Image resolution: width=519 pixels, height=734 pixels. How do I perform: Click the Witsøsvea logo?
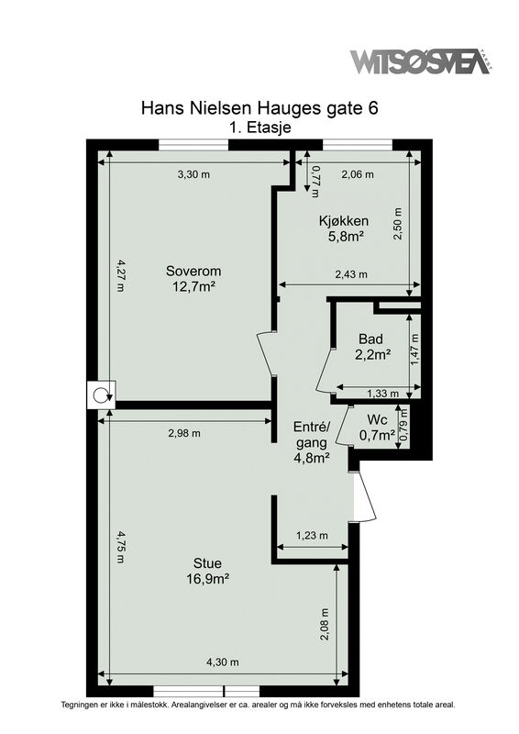[420, 61]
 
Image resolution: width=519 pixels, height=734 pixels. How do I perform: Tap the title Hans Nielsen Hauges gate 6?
[259, 108]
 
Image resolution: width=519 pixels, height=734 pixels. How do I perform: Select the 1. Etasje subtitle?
[259, 128]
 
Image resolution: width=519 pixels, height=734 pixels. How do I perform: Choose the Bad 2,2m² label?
[372, 347]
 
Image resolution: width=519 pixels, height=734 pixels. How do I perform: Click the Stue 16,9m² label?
[207, 571]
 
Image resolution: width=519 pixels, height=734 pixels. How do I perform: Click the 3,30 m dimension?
[193, 174]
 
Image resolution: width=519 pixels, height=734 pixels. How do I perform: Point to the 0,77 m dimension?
[315, 181]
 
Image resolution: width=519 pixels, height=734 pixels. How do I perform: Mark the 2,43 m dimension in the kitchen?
[351, 274]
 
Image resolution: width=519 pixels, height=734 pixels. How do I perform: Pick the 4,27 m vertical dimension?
[120, 276]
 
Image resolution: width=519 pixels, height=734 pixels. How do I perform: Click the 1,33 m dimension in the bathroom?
[382, 394]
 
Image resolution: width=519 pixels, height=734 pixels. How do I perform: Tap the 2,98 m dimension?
[184, 433]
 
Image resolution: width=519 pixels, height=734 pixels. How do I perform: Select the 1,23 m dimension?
[312, 536]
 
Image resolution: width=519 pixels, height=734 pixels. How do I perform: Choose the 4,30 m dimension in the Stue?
[223, 662]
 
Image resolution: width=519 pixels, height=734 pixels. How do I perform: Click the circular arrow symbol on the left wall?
[101, 395]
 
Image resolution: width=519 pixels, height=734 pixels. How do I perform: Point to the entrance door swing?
[365, 497]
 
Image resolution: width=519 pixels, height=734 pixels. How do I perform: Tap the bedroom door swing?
[265, 353]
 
